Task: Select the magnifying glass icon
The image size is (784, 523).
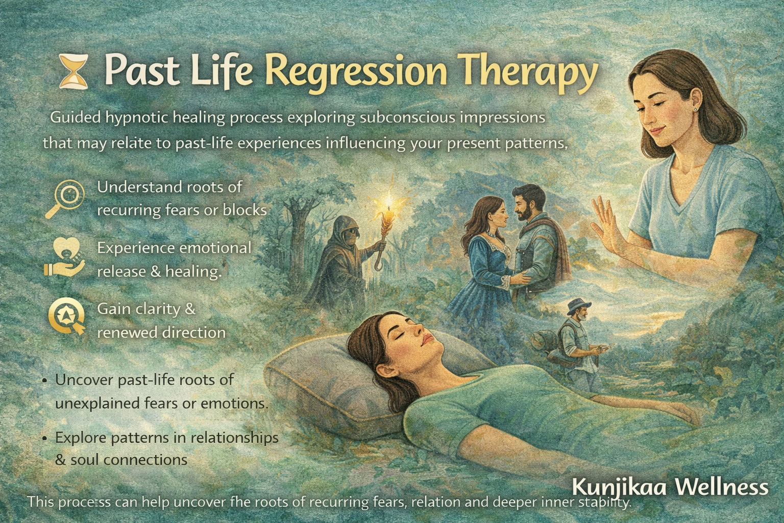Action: pos(68,200)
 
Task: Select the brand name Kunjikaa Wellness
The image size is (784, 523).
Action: pos(670,486)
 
